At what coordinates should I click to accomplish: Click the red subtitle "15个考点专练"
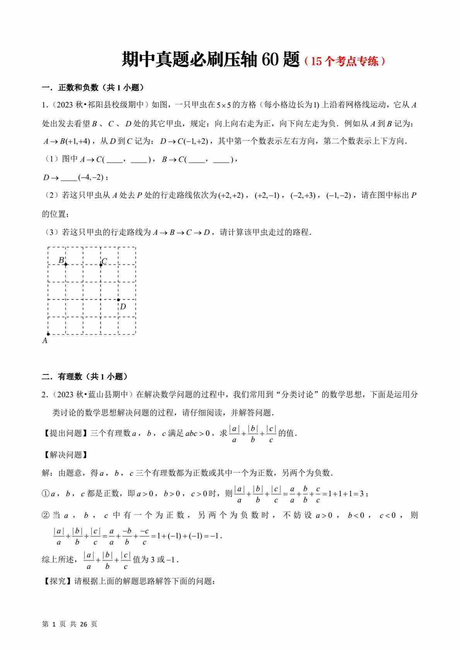click(345, 61)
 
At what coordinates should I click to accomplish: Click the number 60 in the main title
click(270, 60)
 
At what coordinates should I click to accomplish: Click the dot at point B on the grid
click(66, 265)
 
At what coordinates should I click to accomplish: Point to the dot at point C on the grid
click(101, 265)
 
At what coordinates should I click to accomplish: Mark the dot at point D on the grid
click(118, 299)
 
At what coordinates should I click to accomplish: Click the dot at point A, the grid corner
click(48, 334)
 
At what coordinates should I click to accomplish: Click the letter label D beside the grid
click(123, 307)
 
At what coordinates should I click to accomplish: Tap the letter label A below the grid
click(45, 341)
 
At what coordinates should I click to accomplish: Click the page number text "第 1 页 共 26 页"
click(70, 624)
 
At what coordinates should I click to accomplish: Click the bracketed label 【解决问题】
click(65, 455)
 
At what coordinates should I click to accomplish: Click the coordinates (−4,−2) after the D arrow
click(92, 177)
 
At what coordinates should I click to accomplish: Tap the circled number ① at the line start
click(46, 494)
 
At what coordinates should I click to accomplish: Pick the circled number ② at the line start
click(46, 516)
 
